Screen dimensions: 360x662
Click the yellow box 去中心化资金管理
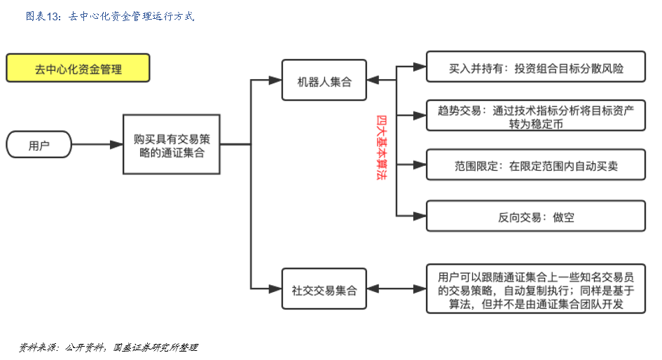pos(78,69)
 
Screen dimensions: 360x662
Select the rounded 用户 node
pos(39,145)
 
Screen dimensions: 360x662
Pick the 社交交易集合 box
pos(324,289)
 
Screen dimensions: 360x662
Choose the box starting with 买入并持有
pos(536,69)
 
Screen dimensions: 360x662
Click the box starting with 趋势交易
pos(536,116)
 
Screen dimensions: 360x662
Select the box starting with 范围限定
pos(536,166)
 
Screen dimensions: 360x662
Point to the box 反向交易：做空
pos(536,216)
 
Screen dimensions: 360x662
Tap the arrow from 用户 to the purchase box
pos(97,145)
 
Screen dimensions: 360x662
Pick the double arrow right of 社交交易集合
pos(396,289)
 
